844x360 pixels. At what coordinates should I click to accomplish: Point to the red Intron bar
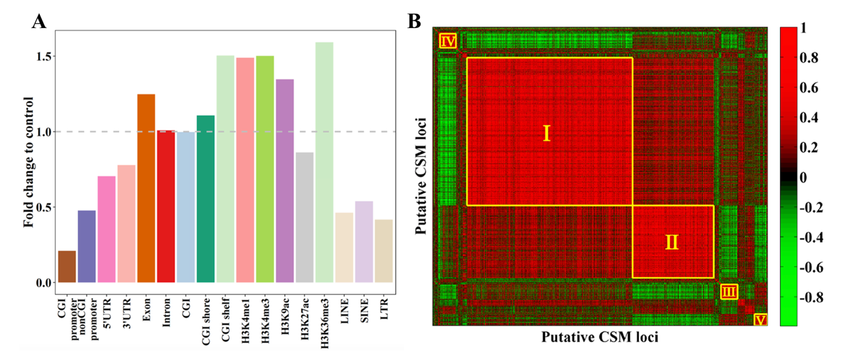(166, 206)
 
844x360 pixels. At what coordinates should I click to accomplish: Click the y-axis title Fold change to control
(29, 162)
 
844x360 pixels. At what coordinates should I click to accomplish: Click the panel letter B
(415, 22)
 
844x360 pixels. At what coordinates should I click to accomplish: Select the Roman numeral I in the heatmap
(547, 134)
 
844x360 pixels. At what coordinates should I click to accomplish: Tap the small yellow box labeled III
(729, 291)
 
